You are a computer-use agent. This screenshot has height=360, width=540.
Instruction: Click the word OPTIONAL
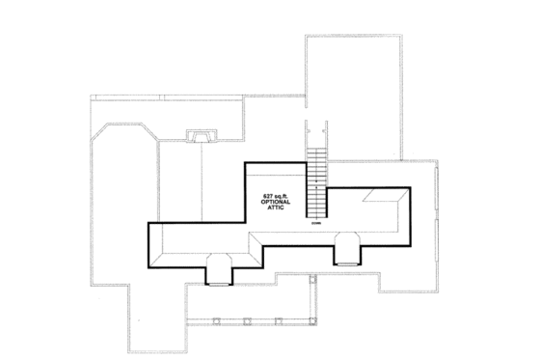[277, 204]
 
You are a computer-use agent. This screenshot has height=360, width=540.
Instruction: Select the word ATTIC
[277, 211]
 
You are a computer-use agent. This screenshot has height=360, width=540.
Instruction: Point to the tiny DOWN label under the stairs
[315, 225]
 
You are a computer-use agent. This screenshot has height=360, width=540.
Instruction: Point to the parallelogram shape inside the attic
[386, 199]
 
